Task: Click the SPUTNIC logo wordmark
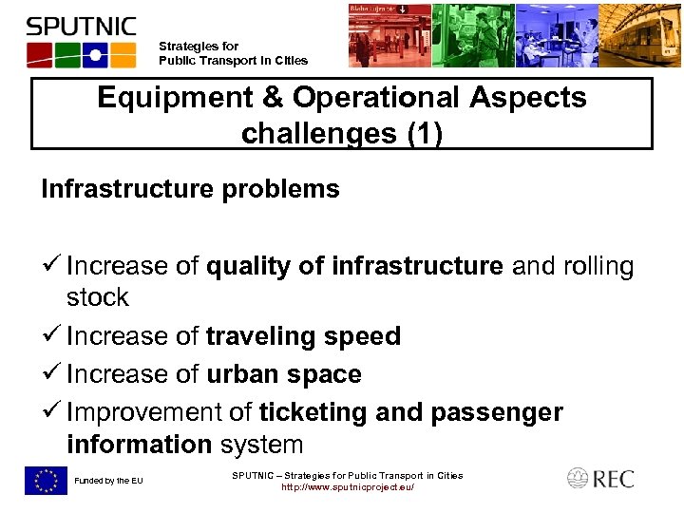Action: click(81, 26)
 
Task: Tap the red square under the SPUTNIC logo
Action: click(38, 54)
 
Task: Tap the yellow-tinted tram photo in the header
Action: click(642, 35)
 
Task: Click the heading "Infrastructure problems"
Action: click(190, 189)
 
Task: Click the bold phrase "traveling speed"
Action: click(303, 336)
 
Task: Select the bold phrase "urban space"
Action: click(283, 374)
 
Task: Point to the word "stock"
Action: click(97, 297)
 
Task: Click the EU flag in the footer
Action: click(46, 481)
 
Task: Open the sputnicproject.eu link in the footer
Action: click(347, 487)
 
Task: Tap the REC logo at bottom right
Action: click(600, 479)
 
